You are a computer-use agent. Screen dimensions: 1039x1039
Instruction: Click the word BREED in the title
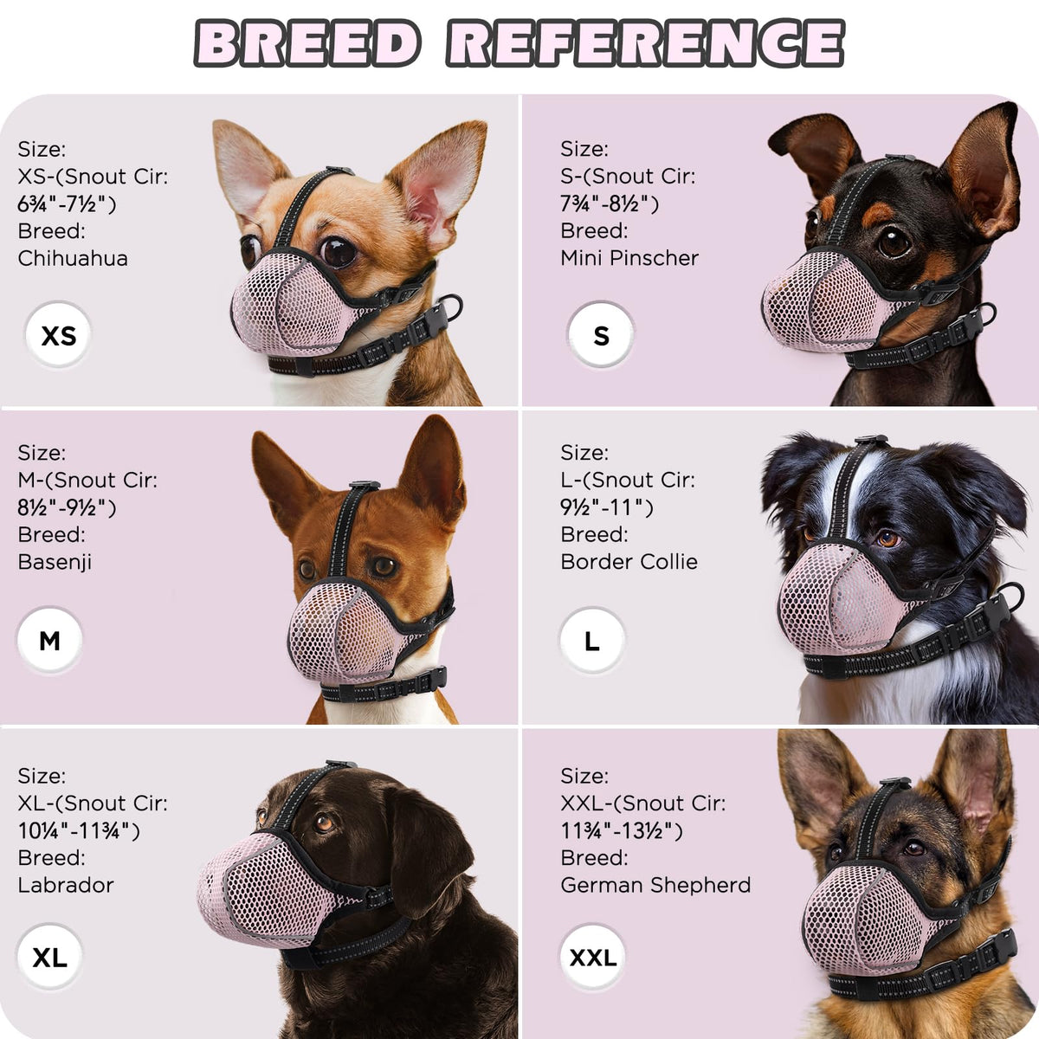307,43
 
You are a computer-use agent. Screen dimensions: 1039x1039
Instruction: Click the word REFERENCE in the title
645,43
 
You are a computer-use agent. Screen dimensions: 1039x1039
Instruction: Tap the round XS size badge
58,335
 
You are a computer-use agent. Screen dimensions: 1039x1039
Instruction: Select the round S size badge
601,335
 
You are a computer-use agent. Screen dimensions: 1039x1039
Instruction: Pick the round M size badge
49,640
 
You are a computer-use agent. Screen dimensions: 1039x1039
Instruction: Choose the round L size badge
592,640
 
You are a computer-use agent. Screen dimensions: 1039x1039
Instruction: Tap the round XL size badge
49,957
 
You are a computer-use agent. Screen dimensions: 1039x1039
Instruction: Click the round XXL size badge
592,957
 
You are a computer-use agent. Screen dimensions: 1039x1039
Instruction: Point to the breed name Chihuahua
73,258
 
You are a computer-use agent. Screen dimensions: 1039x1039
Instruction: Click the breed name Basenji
55,563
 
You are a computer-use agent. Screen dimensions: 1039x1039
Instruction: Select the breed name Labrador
66,886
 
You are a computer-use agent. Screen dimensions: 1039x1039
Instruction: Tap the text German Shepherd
655,886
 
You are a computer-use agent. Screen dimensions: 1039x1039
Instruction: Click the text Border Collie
629,562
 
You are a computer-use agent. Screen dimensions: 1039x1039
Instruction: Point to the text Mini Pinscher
629,258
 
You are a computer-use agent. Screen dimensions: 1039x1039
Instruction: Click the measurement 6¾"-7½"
67,204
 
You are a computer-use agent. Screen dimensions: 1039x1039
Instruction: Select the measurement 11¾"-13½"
622,831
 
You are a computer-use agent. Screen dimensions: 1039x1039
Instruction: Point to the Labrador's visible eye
324,823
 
